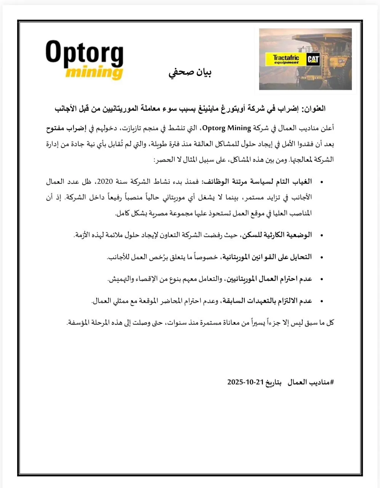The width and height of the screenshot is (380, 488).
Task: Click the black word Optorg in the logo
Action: (85, 53)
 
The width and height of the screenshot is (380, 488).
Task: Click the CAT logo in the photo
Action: (313, 59)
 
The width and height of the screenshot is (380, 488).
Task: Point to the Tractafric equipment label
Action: (286, 59)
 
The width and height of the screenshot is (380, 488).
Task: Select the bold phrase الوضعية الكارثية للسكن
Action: (277, 235)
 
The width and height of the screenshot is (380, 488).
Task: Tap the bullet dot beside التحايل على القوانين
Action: (322, 257)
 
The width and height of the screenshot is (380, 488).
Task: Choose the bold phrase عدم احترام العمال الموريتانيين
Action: (269, 279)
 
